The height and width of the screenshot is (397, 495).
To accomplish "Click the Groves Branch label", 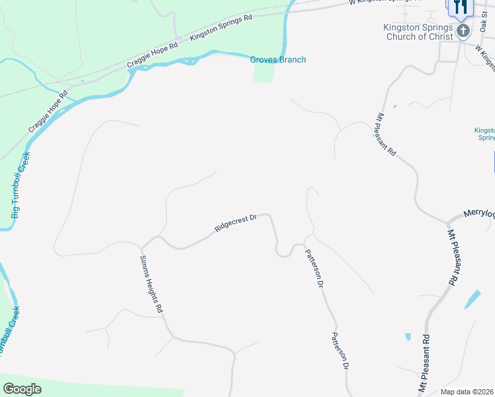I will (x=278, y=60).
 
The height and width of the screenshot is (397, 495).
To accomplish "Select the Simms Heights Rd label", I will (x=152, y=284).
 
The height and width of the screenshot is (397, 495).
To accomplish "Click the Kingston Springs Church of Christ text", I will (x=418, y=32).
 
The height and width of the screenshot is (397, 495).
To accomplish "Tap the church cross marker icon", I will (x=463, y=30).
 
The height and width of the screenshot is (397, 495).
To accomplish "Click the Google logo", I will (x=22, y=389).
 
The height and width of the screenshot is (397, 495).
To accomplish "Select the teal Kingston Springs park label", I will (x=485, y=134).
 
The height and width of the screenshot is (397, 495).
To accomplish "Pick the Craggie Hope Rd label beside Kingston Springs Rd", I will (x=153, y=55).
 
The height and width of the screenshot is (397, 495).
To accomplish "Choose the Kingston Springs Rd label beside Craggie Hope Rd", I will (x=221, y=28).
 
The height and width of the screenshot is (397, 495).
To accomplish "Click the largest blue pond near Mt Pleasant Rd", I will (x=472, y=299).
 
